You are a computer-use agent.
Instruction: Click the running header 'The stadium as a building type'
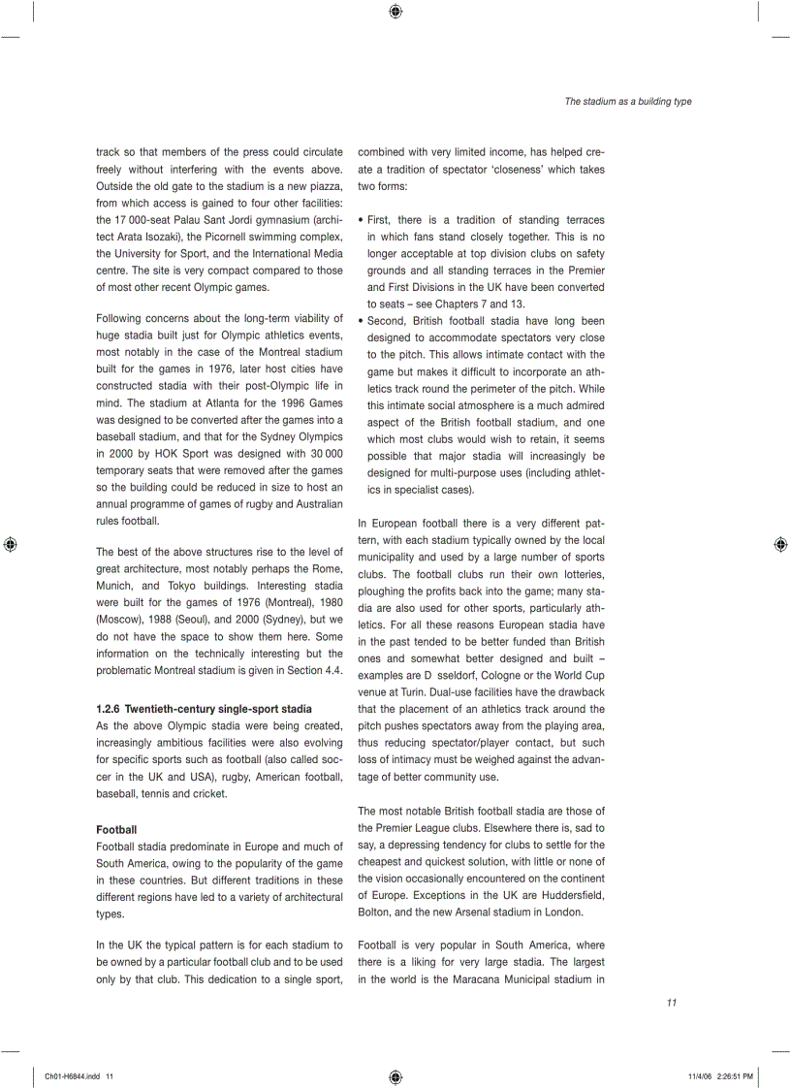pos(628,102)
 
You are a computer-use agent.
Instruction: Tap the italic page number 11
pos(671,1003)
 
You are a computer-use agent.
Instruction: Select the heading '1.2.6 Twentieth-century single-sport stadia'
pos(204,709)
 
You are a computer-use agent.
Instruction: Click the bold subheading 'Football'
pos(116,829)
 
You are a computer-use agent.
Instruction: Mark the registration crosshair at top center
pos(395,12)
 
